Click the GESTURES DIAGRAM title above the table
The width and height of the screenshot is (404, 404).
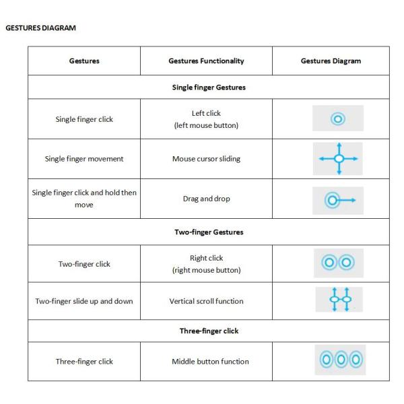click(x=41, y=28)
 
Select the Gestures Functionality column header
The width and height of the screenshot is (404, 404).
click(x=206, y=61)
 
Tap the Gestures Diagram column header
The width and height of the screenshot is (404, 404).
click(x=331, y=61)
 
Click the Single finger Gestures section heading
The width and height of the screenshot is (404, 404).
click(x=206, y=87)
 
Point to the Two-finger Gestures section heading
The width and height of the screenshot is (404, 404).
click(x=206, y=232)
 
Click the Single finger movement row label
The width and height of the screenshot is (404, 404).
click(x=84, y=159)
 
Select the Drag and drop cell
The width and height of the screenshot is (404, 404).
click(x=206, y=199)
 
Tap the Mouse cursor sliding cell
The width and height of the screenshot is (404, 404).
click(x=206, y=159)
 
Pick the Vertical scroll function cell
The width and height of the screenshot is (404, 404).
click(x=206, y=301)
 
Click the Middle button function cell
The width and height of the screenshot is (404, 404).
click(x=206, y=362)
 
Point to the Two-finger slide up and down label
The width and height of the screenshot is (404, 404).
click(x=84, y=301)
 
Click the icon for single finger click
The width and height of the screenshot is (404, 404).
click(x=338, y=119)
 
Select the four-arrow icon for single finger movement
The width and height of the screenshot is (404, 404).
click(x=339, y=159)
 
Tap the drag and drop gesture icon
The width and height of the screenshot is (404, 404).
click(x=338, y=199)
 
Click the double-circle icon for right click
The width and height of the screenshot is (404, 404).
click(x=338, y=263)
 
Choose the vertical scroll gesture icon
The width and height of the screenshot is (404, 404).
click(x=338, y=299)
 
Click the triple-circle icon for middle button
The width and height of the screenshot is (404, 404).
click(x=338, y=361)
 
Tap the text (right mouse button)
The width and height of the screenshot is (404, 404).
click(x=206, y=271)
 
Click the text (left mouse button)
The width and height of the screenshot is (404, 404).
click(x=206, y=126)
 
